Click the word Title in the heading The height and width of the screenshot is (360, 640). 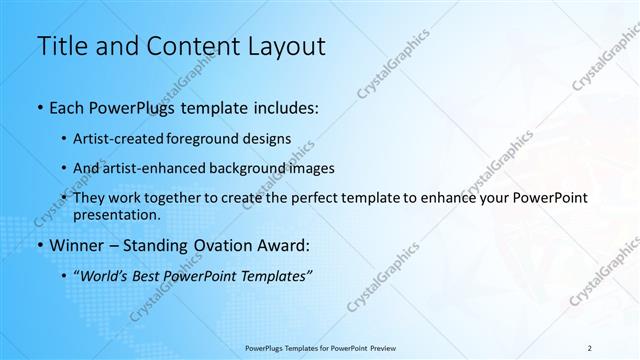point(61,46)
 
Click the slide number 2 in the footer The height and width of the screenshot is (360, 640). point(590,348)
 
